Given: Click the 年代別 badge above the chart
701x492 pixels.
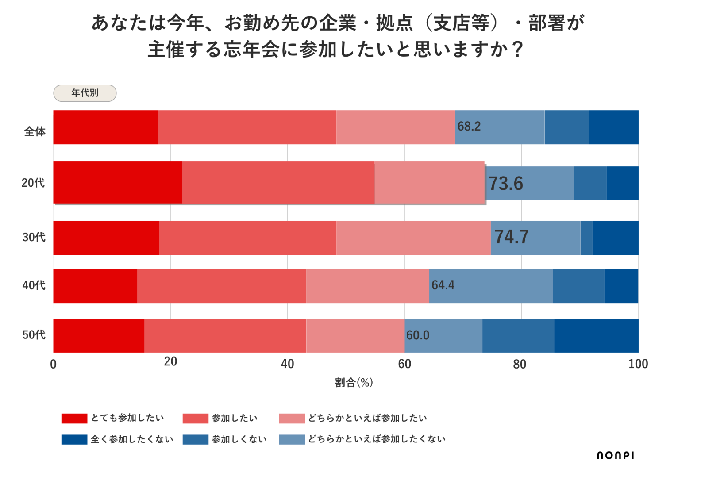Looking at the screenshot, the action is coord(85,93).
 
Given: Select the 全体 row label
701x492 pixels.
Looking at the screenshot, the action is coord(35,131).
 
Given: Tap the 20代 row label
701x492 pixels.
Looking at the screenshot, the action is coord(33,183).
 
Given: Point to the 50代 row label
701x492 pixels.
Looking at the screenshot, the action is coord(34,335).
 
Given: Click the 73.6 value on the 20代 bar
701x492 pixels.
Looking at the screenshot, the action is coord(506,184).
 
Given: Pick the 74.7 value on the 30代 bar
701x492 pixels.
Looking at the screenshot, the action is coord(511,237).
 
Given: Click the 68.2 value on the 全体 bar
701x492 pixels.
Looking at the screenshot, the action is coord(469,127).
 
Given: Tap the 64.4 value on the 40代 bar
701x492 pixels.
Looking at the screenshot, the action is coord(443,285).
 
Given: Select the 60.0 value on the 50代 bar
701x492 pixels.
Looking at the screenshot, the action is coord(418,335).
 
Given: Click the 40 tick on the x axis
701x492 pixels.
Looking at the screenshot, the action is coord(287,364).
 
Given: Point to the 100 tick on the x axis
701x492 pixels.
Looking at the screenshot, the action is coord(638,364).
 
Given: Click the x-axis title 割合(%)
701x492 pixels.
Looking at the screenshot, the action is coord(354,382).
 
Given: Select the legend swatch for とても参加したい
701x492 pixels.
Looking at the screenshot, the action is coord(74,419).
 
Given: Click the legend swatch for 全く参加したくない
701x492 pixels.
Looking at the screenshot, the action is coord(74,439).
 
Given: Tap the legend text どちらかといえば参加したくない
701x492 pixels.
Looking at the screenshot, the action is coord(377,439).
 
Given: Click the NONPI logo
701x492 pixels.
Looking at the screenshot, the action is coord(615,455).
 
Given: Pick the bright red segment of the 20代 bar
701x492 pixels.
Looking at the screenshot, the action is coord(118,182).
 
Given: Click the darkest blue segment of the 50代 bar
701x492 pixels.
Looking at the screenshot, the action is coord(596,336).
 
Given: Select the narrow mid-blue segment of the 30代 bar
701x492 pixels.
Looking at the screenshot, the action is coord(586,238).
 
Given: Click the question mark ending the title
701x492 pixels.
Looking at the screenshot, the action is coord(518,50).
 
